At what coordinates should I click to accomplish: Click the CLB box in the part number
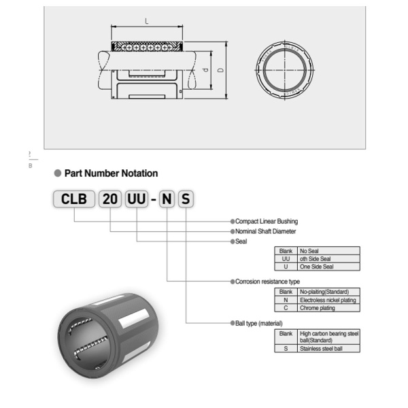coord(74,200)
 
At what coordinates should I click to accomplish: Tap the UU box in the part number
coord(137,200)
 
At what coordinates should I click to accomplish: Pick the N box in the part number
coord(167,200)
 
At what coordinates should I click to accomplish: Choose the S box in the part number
coord(186,200)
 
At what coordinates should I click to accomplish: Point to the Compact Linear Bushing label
coord(267,221)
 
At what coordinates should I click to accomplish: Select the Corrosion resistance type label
coord(267,281)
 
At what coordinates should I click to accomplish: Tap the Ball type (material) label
coord(258,323)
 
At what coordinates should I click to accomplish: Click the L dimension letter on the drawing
coord(148,22)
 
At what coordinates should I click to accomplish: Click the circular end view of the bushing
coord(285,70)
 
